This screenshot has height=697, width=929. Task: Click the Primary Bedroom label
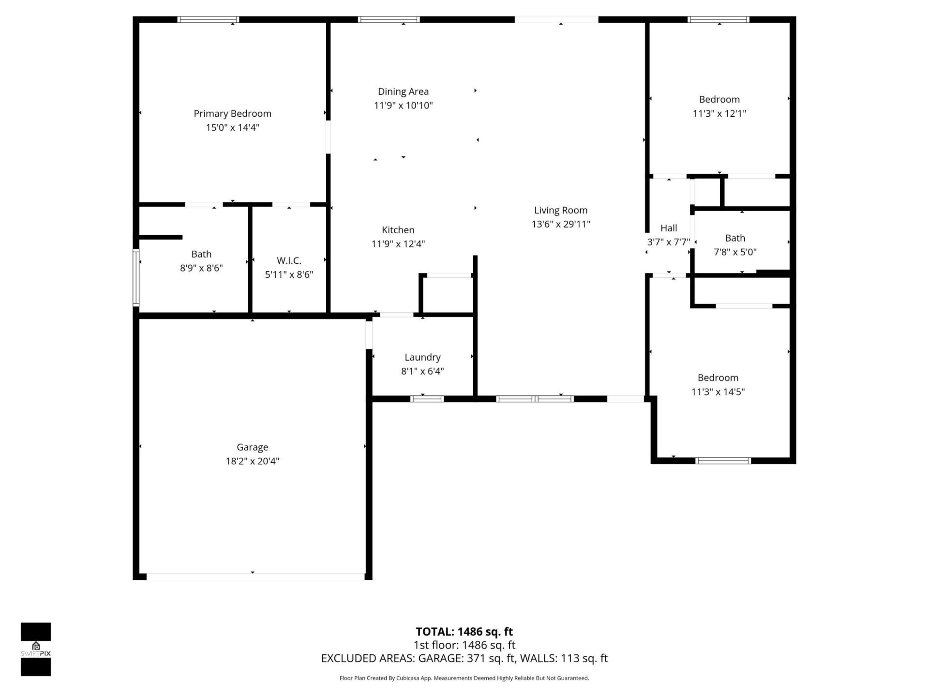tap(232, 114)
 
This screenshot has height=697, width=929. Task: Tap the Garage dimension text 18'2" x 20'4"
tap(252, 461)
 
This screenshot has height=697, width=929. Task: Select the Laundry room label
tap(422, 357)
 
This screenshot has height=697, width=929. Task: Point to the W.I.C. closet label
tap(289, 260)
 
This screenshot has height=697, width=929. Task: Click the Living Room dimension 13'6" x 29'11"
tap(561, 224)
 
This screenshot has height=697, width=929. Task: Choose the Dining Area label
tap(403, 91)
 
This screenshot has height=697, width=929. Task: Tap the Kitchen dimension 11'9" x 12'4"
tap(398, 244)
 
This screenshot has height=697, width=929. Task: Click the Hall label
tap(669, 228)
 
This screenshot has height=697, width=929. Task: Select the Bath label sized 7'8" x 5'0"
tap(734, 238)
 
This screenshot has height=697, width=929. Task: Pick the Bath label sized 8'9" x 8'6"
tap(201, 254)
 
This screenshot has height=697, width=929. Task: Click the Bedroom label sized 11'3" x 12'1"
tap(719, 100)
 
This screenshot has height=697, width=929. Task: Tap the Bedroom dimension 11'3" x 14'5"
tap(718, 392)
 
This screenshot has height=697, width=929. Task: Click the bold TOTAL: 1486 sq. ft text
tap(464, 632)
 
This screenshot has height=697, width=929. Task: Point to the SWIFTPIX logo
tap(36, 649)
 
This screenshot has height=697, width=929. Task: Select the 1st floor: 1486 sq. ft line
tap(464, 645)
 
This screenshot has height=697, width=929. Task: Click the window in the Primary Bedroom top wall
tap(208, 20)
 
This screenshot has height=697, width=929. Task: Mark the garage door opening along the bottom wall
tap(255, 576)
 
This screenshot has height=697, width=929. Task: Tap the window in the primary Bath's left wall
tap(136, 278)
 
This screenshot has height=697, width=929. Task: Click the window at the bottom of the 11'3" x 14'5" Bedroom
tap(723, 461)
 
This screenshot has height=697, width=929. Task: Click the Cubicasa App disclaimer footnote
tap(464, 678)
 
